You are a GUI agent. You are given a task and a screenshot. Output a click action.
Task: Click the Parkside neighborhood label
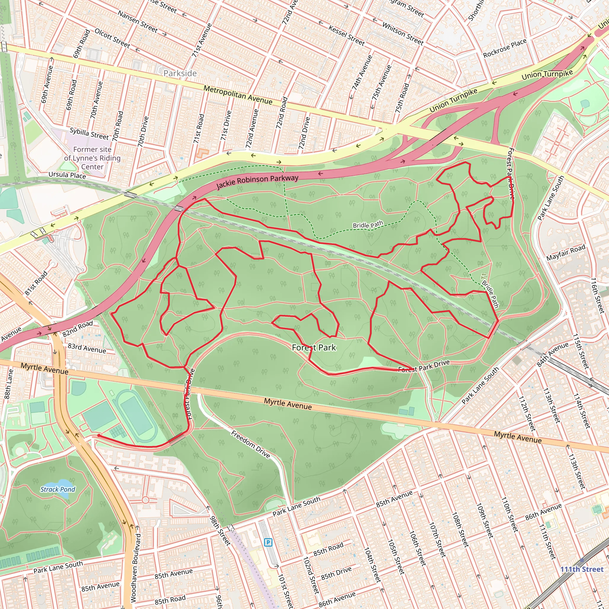[180, 73]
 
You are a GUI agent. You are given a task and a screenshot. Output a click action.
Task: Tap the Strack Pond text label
[58, 489]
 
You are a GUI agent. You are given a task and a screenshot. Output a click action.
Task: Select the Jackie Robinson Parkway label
[257, 182]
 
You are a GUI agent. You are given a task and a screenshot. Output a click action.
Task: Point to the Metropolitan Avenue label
[238, 95]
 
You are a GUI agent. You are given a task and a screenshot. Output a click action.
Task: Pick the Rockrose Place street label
[505, 48]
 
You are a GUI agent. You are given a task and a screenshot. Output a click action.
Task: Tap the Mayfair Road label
[566, 252]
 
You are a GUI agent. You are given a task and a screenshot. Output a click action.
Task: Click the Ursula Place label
[67, 175]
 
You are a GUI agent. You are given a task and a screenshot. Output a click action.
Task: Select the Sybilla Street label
[89, 133]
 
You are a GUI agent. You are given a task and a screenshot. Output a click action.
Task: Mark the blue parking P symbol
[268, 542]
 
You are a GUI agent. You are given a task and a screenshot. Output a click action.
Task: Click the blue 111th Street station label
[582, 569]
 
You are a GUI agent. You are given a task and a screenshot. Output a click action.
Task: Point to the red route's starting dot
[99, 435]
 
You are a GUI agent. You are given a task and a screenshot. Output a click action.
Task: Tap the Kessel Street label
[346, 35]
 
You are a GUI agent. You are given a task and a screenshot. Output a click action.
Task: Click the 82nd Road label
[78, 329]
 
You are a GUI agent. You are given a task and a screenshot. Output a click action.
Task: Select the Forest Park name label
[314, 347]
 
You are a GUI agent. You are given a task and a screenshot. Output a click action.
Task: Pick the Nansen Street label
[137, 22]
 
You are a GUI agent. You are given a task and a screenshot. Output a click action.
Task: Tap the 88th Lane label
[9, 384]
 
